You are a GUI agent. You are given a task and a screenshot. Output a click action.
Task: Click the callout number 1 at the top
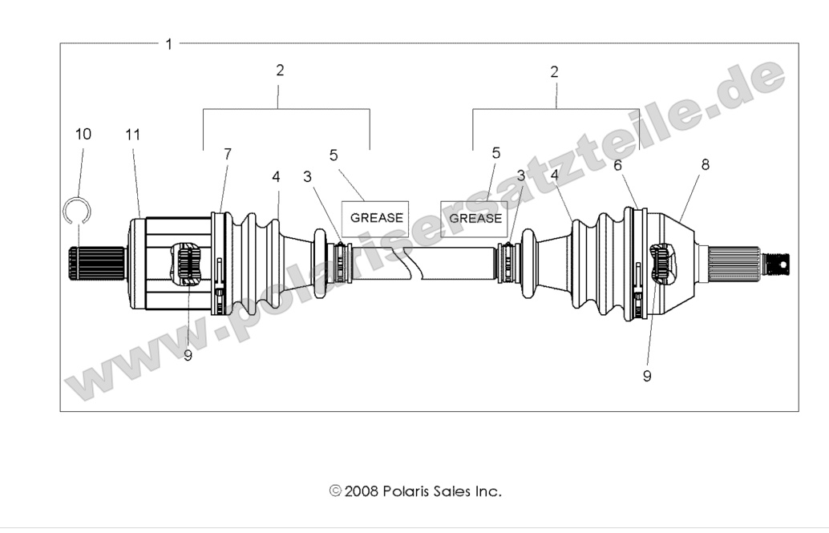point(168,43)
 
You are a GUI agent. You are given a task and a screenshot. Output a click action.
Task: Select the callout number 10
point(83,135)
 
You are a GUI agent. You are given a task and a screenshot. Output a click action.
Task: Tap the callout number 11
point(133,135)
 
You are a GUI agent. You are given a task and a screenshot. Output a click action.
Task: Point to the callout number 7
point(228,154)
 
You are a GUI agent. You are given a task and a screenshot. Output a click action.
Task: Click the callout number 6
point(617,165)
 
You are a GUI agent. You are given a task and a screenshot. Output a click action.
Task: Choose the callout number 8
point(706,165)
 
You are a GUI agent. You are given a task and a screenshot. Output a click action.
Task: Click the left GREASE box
point(376,217)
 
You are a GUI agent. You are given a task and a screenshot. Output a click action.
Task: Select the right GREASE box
point(475,217)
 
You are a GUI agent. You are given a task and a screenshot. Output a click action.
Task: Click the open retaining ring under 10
point(77,212)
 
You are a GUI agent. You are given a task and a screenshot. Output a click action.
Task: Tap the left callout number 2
point(280,71)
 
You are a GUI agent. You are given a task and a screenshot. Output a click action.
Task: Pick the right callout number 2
point(554,71)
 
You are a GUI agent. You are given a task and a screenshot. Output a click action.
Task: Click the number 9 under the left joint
point(188,356)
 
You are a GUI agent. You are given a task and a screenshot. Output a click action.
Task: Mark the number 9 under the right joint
point(647,377)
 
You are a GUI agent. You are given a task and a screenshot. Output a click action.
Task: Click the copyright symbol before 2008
point(335,491)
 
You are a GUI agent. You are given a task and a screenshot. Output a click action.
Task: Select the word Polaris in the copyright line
point(406,491)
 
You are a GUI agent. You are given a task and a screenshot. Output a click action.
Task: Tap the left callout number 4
point(276,176)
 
